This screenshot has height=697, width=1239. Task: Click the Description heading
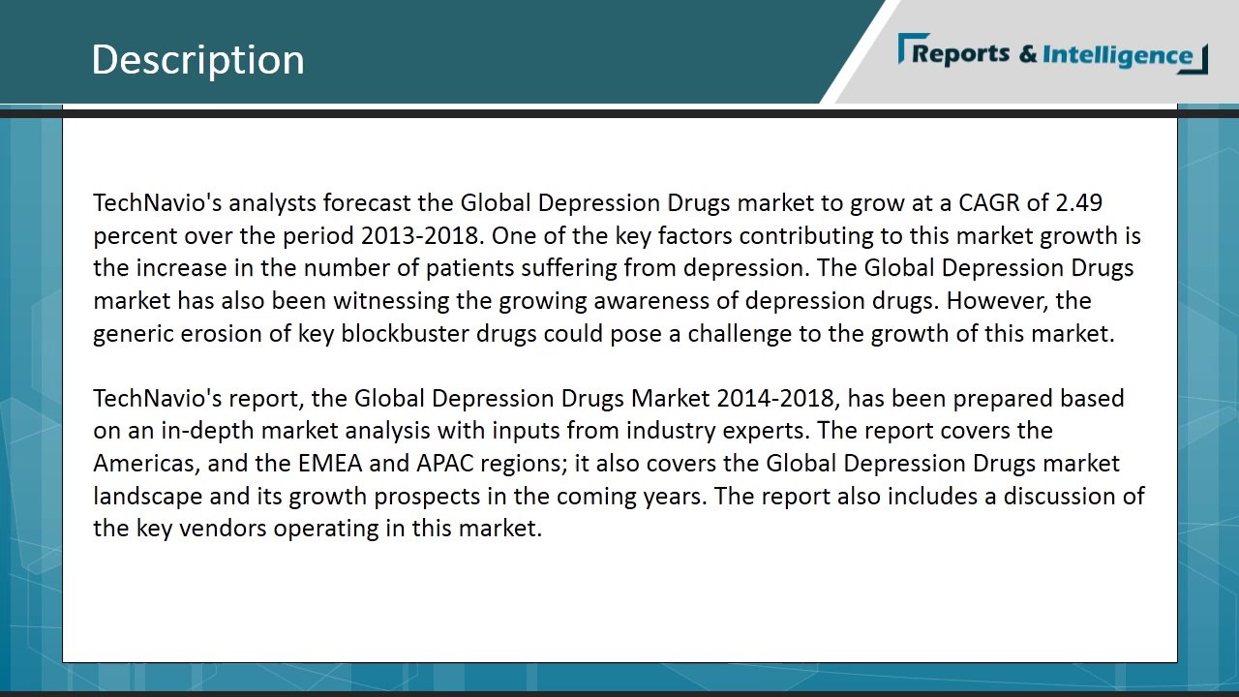pos(197,59)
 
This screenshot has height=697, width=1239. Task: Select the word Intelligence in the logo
pos(1118,55)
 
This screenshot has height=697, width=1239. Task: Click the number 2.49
pos(1079,203)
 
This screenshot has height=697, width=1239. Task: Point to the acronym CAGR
pos(989,203)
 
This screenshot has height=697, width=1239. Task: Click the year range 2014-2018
pos(774,399)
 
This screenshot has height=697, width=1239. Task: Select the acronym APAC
pos(446,464)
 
